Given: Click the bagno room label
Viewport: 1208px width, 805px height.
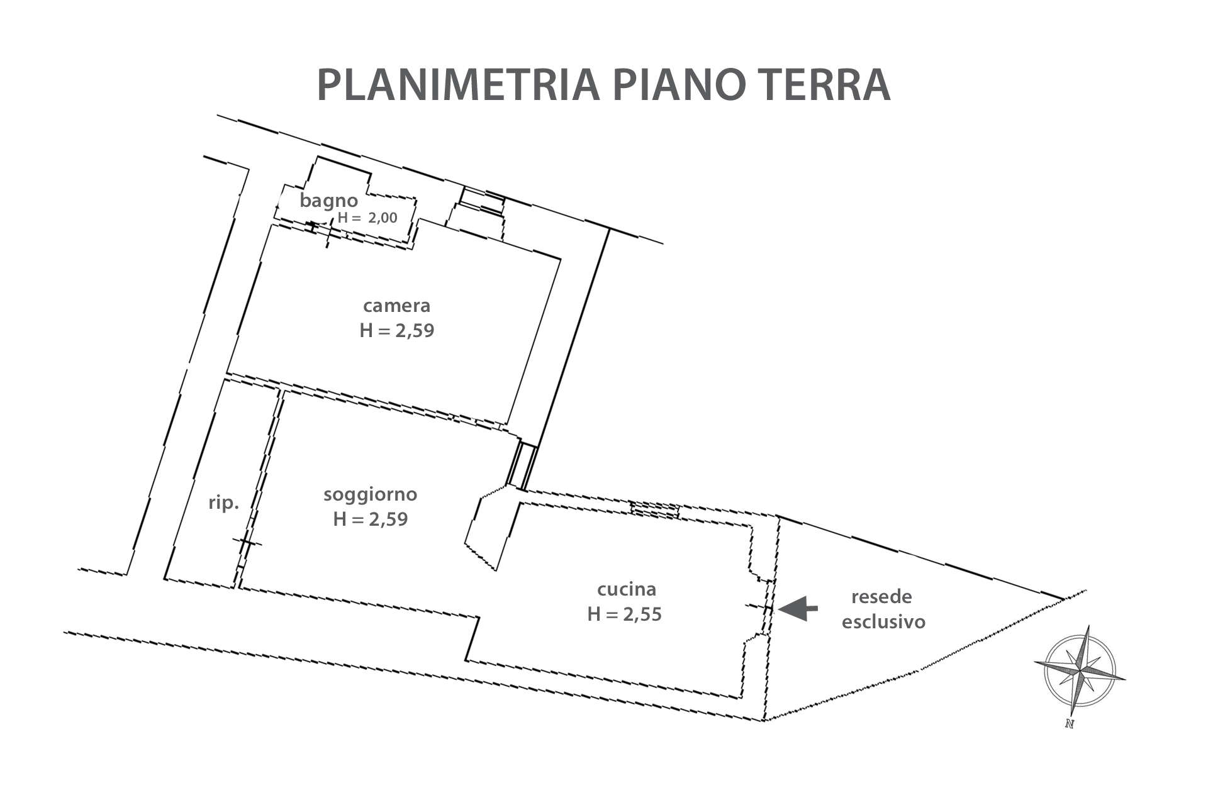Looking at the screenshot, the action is point(328,201).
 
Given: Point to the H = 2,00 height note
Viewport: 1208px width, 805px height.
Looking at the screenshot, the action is point(367,218).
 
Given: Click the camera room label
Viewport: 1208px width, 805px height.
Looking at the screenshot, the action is point(397,306).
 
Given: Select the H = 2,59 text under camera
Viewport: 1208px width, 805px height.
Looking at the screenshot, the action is point(397,330).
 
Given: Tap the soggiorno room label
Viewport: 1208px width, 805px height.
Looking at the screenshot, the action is point(371,494).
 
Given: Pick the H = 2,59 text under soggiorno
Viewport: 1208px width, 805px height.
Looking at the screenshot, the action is point(371,519).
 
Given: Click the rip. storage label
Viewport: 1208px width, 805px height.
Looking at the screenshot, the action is point(224,503).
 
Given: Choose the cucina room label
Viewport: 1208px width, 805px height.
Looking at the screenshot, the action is point(627,589).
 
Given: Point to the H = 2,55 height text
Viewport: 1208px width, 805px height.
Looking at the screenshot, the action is point(625,614).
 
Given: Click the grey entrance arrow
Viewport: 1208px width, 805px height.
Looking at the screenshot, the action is point(798,608).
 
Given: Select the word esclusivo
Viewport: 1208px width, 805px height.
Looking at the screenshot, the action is point(884,622).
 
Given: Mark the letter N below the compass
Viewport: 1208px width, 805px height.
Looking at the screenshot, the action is point(1069,724).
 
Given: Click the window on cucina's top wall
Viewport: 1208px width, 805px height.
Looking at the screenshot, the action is point(655,509).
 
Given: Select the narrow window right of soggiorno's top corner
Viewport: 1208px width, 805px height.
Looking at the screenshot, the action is point(521,466).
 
